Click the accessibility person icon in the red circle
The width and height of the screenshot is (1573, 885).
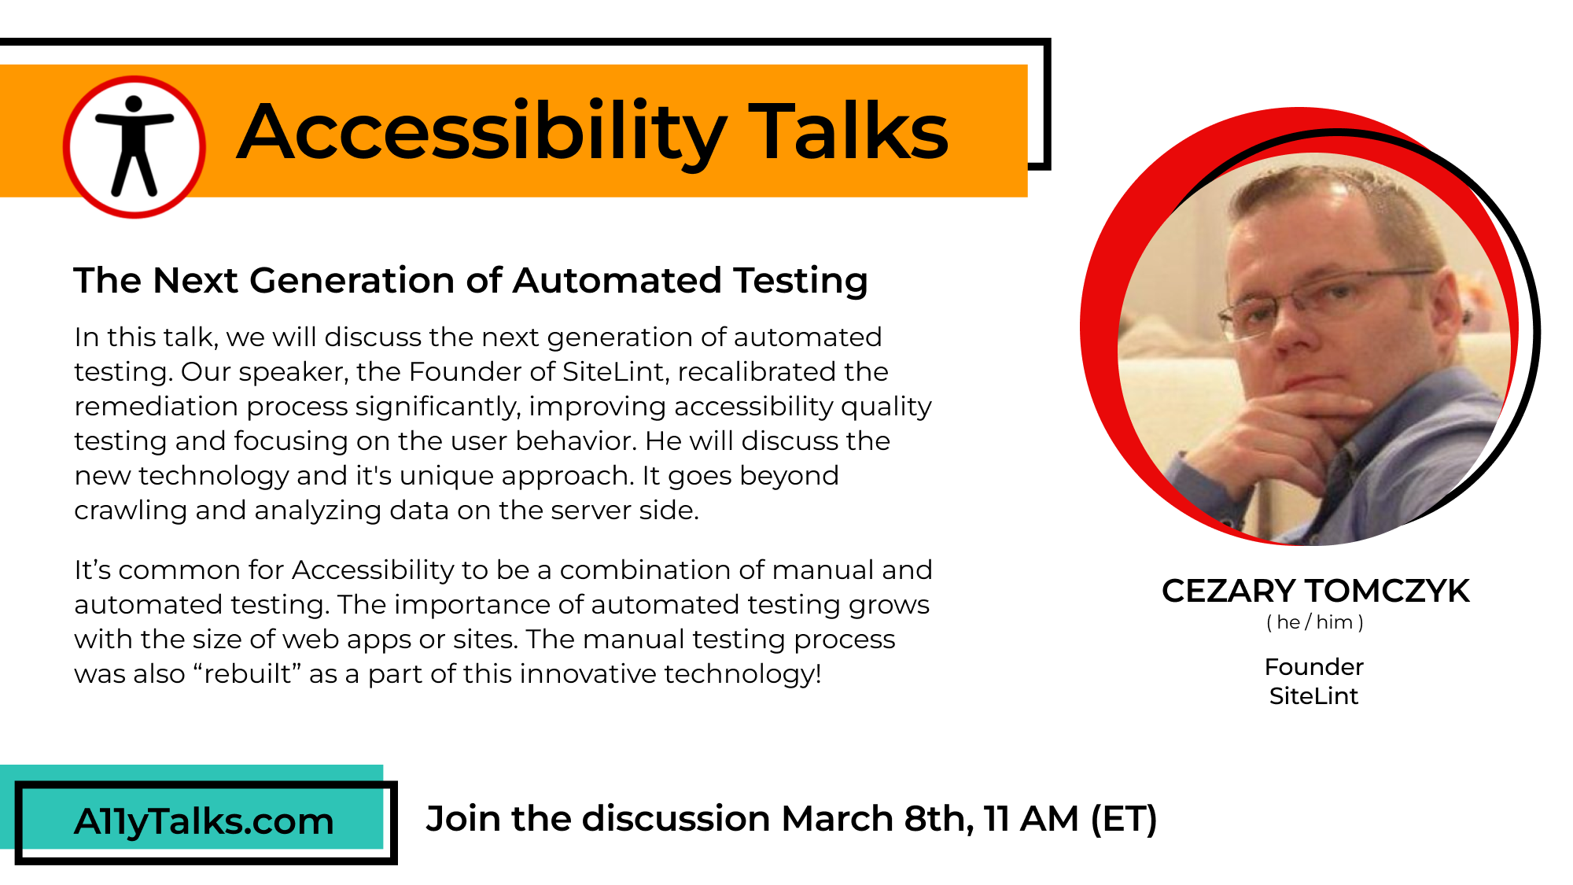coord(134,146)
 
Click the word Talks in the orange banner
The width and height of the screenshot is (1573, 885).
coord(849,131)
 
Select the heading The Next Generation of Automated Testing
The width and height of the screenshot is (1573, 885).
coord(470,281)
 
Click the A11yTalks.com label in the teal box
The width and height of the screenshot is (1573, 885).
coord(204,822)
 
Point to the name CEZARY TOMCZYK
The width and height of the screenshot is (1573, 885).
coord(1315,591)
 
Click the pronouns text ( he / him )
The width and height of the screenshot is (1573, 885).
coord(1315,622)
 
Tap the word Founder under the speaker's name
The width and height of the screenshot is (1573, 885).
coord(1313,666)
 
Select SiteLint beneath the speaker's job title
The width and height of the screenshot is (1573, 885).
coord(1313,695)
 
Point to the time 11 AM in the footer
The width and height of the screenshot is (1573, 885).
coord(1031,818)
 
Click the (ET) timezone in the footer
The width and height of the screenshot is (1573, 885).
coord(1124,819)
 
